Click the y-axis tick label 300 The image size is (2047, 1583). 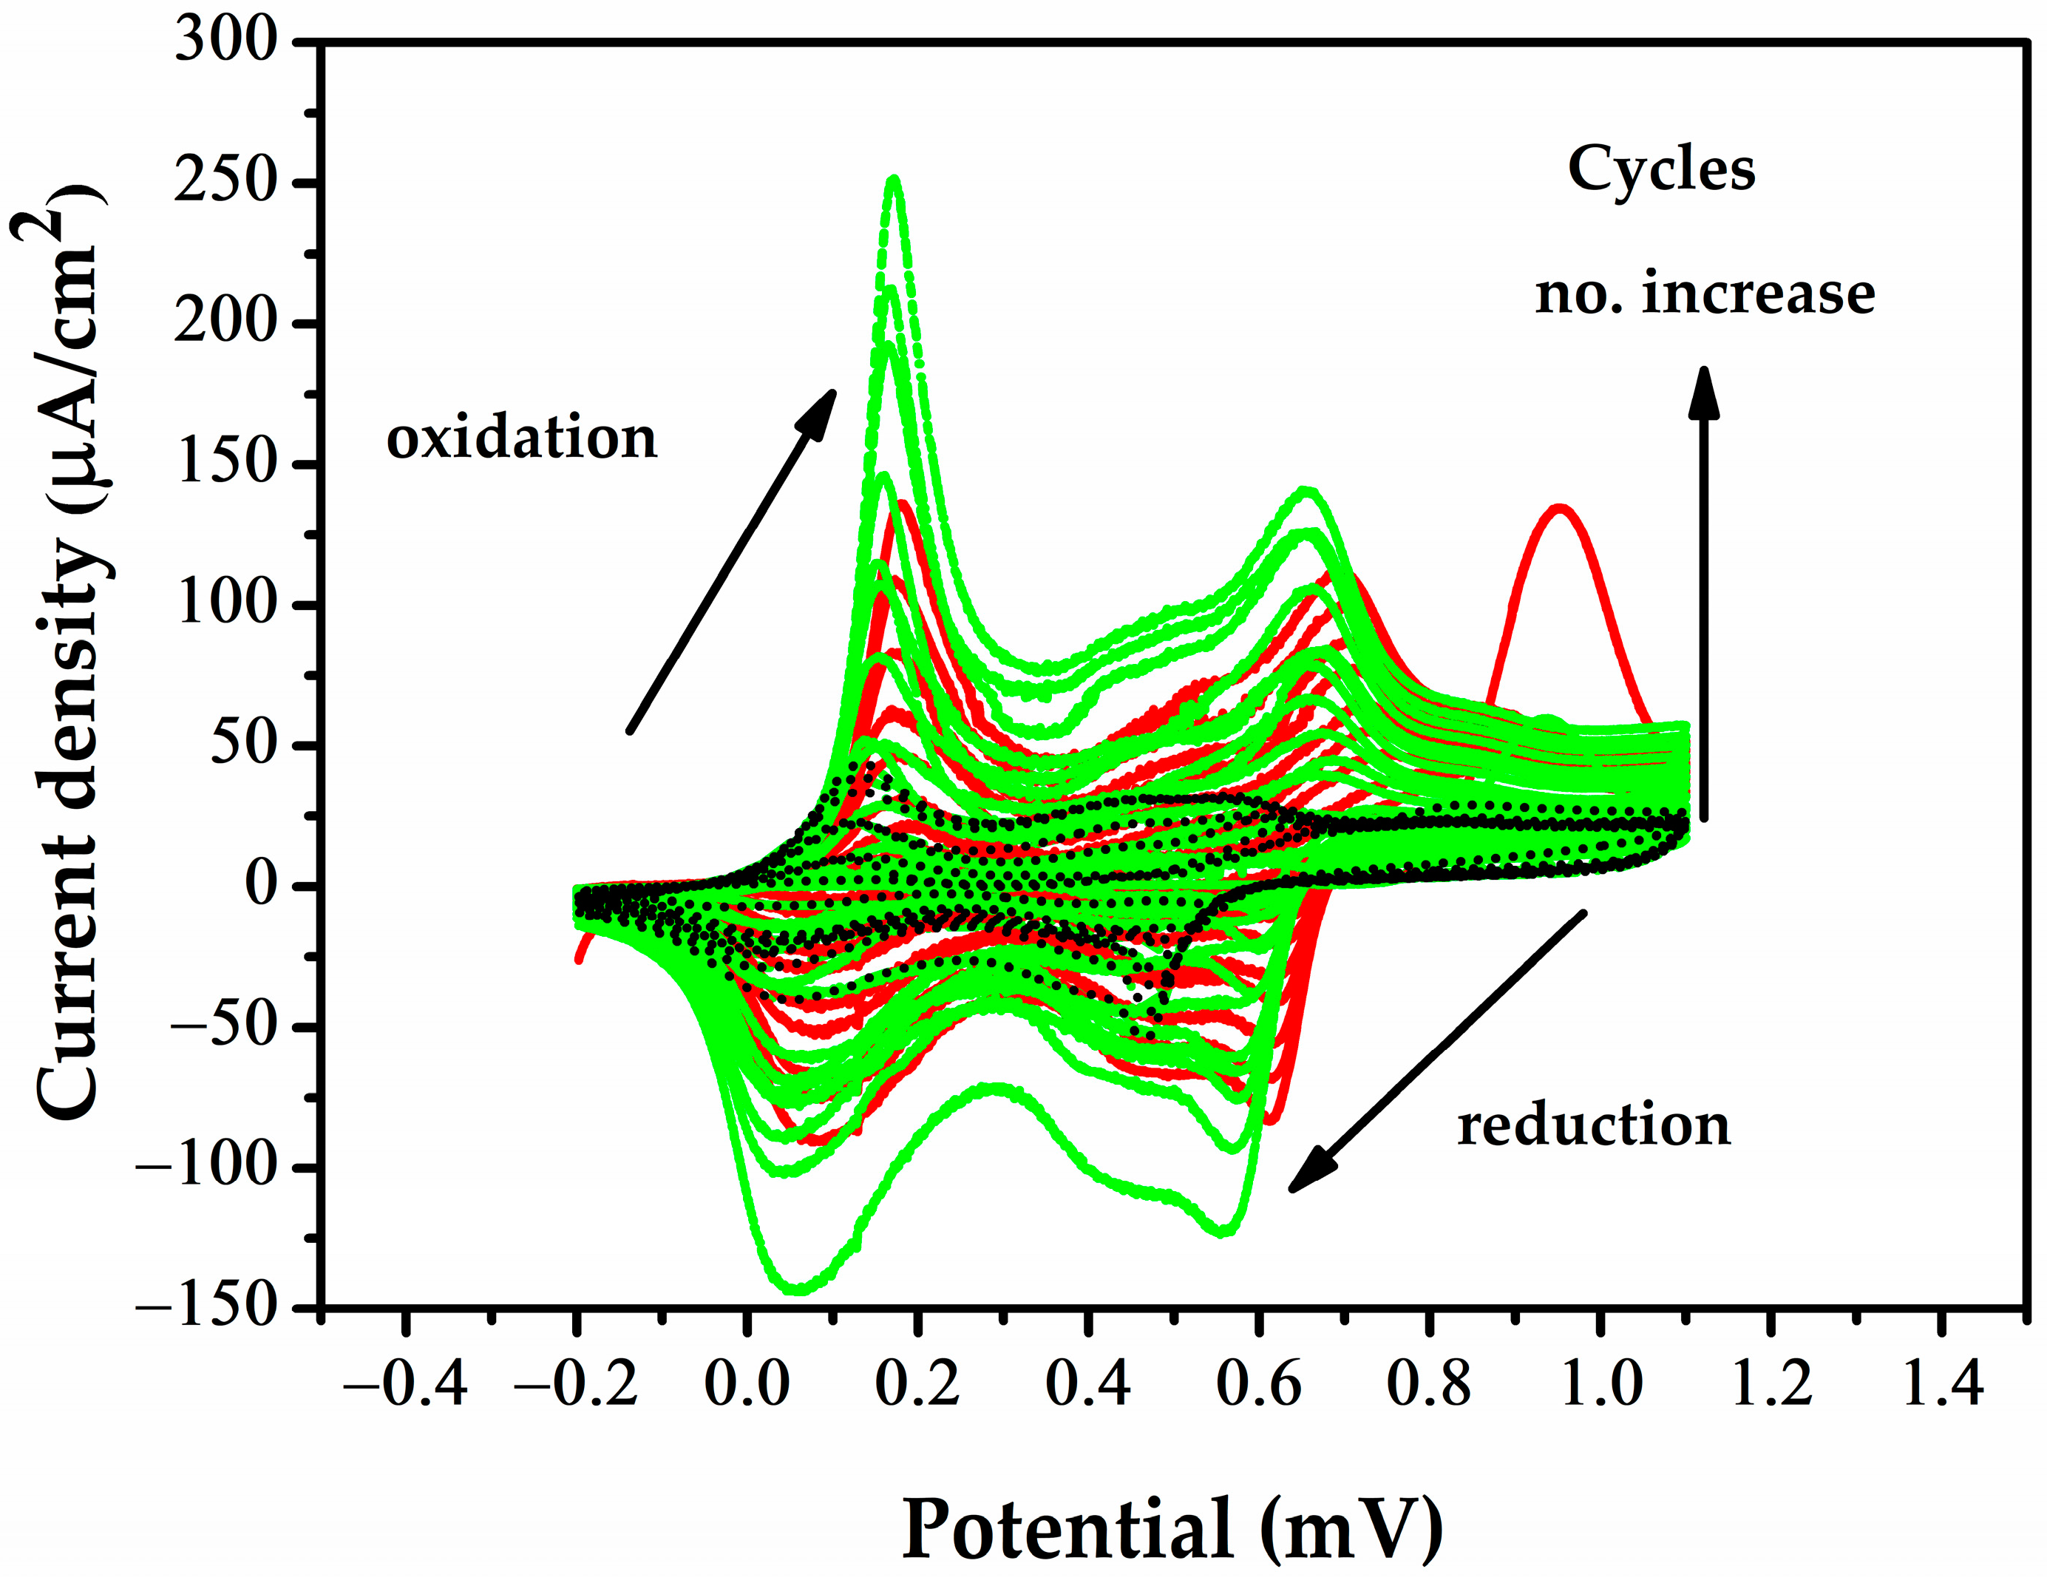click(x=227, y=42)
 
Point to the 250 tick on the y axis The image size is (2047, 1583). click(x=227, y=183)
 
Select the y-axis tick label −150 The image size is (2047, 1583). click(x=208, y=1306)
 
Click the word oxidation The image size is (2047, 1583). click(x=521, y=438)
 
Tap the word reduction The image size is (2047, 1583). click(x=1593, y=1125)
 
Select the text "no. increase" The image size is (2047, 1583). click(x=1704, y=294)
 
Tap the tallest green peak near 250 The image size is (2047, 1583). click(x=895, y=179)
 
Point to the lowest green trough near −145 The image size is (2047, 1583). click(x=798, y=1289)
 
